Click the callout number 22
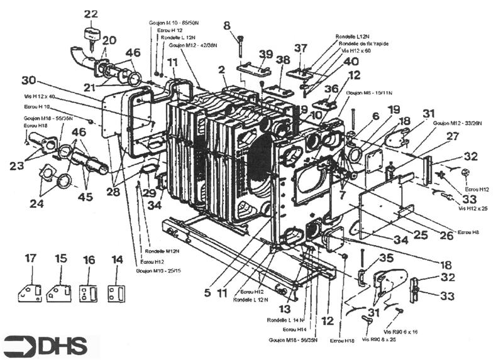(x=91, y=14)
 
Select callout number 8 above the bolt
(x=227, y=26)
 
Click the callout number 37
(x=301, y=48)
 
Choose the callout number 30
(x=29, y=80)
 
